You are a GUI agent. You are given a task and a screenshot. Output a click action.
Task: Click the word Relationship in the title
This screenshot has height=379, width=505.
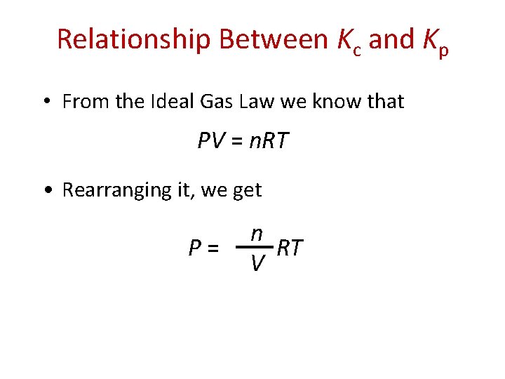tap(133, 40)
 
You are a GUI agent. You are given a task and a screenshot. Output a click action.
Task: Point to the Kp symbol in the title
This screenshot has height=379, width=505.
tap(436, 43)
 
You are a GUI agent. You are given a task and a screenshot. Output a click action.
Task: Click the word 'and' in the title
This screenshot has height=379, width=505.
tap(391, 40)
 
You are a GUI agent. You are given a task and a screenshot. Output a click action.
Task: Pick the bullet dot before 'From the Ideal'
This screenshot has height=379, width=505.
tap(45, 102)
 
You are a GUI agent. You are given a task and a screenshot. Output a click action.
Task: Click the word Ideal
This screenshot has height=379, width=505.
tap(171, 102)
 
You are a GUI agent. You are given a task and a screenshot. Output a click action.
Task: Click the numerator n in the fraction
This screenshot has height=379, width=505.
tap(257, 234)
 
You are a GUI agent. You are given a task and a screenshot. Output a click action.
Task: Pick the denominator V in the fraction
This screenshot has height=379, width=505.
tap(257, 263)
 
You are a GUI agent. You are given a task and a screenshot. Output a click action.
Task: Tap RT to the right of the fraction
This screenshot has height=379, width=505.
tap(290, 248)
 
